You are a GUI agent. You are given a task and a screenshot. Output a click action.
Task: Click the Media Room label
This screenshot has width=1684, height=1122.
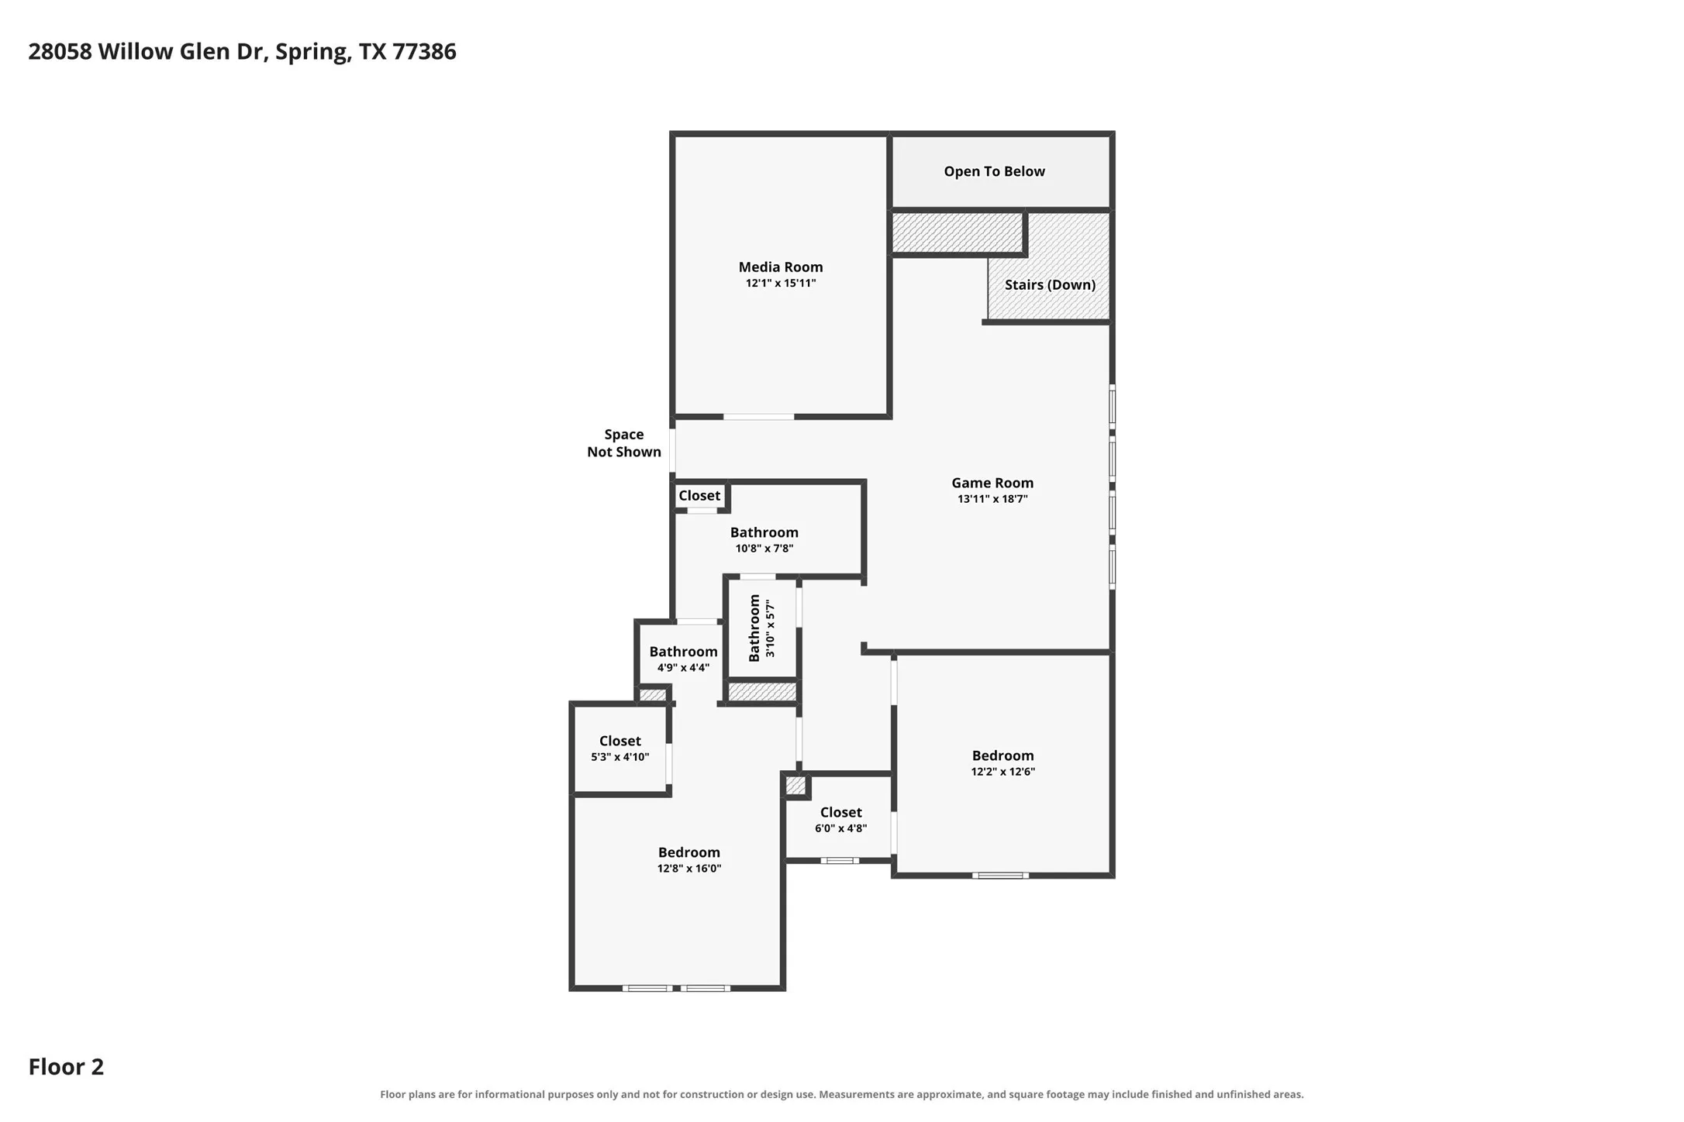point(780,267)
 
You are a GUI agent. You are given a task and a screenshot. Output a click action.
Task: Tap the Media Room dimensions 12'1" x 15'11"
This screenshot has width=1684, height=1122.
point(781,284)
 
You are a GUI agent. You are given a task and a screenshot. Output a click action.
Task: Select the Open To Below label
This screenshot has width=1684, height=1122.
point(994,172)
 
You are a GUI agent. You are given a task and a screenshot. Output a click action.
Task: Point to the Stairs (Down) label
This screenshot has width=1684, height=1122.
point(1050,285)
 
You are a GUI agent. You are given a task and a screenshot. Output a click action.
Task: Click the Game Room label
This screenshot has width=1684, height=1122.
point(992,483)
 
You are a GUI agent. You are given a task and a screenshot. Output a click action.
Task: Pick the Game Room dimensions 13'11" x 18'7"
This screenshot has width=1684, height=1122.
point(992,499)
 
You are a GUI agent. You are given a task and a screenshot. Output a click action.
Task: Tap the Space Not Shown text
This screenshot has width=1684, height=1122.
point(624,443)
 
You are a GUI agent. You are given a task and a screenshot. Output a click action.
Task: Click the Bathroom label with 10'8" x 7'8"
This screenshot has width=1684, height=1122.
point(764,532)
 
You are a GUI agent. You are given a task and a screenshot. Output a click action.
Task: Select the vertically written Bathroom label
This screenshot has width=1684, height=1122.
point(754,628)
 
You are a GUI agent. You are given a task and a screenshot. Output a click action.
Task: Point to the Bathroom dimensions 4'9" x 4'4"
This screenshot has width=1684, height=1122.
point(683,668)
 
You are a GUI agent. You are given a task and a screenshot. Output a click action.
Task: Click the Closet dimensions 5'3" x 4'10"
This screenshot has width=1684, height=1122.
point(619,757)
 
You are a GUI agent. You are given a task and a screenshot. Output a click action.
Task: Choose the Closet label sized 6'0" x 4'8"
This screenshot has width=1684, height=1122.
point(840,812)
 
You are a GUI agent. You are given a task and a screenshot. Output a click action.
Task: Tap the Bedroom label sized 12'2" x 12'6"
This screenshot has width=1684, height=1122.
point(1002,755)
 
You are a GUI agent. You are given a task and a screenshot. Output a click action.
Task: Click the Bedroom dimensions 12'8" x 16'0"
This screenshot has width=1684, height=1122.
point(689,869)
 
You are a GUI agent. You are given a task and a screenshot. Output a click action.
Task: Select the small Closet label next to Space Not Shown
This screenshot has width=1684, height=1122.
point(699,496)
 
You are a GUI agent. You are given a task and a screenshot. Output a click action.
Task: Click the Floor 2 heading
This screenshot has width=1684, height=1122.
point(66,1067)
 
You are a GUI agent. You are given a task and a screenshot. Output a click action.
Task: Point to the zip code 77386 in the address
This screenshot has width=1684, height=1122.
point(424,51)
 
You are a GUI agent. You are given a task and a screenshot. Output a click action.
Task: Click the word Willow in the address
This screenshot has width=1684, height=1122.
point(136,51)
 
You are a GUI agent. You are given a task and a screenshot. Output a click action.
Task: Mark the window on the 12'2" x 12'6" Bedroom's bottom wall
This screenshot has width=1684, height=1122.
point(1000,876)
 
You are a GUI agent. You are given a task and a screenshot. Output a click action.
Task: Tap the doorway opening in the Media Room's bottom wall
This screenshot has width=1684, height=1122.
point(758,417)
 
